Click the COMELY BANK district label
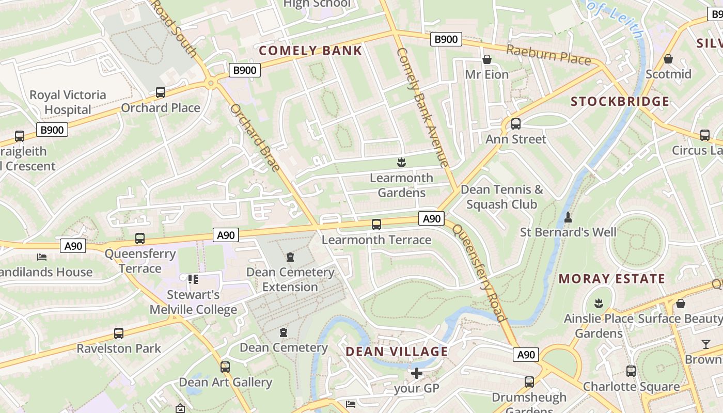310,51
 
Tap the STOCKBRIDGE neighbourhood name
620,101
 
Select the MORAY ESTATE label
611,279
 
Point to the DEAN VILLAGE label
397,352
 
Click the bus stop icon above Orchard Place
161,92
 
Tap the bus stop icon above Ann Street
515,124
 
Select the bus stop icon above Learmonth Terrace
376,224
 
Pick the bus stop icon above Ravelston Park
119,333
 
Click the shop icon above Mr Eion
486,59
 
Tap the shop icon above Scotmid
668,59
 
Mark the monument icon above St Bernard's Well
568,217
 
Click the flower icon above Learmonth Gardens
401,163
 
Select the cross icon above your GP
416,373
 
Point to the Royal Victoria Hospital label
68,102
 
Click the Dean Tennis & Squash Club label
501,197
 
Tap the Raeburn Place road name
548,55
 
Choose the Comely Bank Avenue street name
422,107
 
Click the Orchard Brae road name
255,137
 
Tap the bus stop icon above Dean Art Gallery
225,367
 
